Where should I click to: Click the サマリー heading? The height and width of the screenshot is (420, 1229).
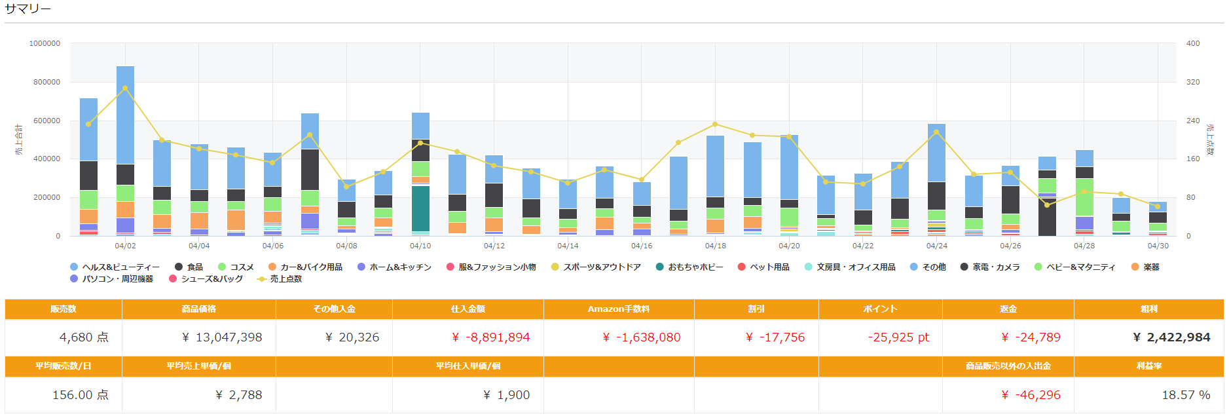point(28,9)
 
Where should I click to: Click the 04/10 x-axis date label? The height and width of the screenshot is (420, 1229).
point(420,246)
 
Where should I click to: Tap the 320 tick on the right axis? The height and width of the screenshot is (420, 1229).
point(1193,83)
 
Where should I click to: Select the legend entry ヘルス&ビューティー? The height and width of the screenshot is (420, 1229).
point(115,267)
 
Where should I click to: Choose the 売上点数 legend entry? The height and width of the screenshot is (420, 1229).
point(280,279)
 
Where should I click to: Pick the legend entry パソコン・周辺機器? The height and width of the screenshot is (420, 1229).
point(112,279)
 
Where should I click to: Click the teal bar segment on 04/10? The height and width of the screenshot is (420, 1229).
point(420,208)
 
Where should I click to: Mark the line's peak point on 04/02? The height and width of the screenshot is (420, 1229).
point(125,88)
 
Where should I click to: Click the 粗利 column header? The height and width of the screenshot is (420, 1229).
point(1148,309)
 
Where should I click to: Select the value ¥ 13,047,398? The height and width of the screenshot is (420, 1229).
point(222,337)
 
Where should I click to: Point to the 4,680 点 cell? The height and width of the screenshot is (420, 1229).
point(84,337)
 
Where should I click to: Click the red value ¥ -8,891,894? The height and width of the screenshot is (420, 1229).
point(490,337)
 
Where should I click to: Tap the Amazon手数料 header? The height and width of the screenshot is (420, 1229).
point(618,309)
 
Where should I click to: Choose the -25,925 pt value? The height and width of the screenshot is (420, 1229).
point(898,337)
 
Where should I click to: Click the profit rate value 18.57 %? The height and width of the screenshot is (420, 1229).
point(1185,395)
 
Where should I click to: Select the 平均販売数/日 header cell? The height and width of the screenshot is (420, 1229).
point(63,366)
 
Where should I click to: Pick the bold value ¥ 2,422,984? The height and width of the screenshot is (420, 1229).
point(1171,337)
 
